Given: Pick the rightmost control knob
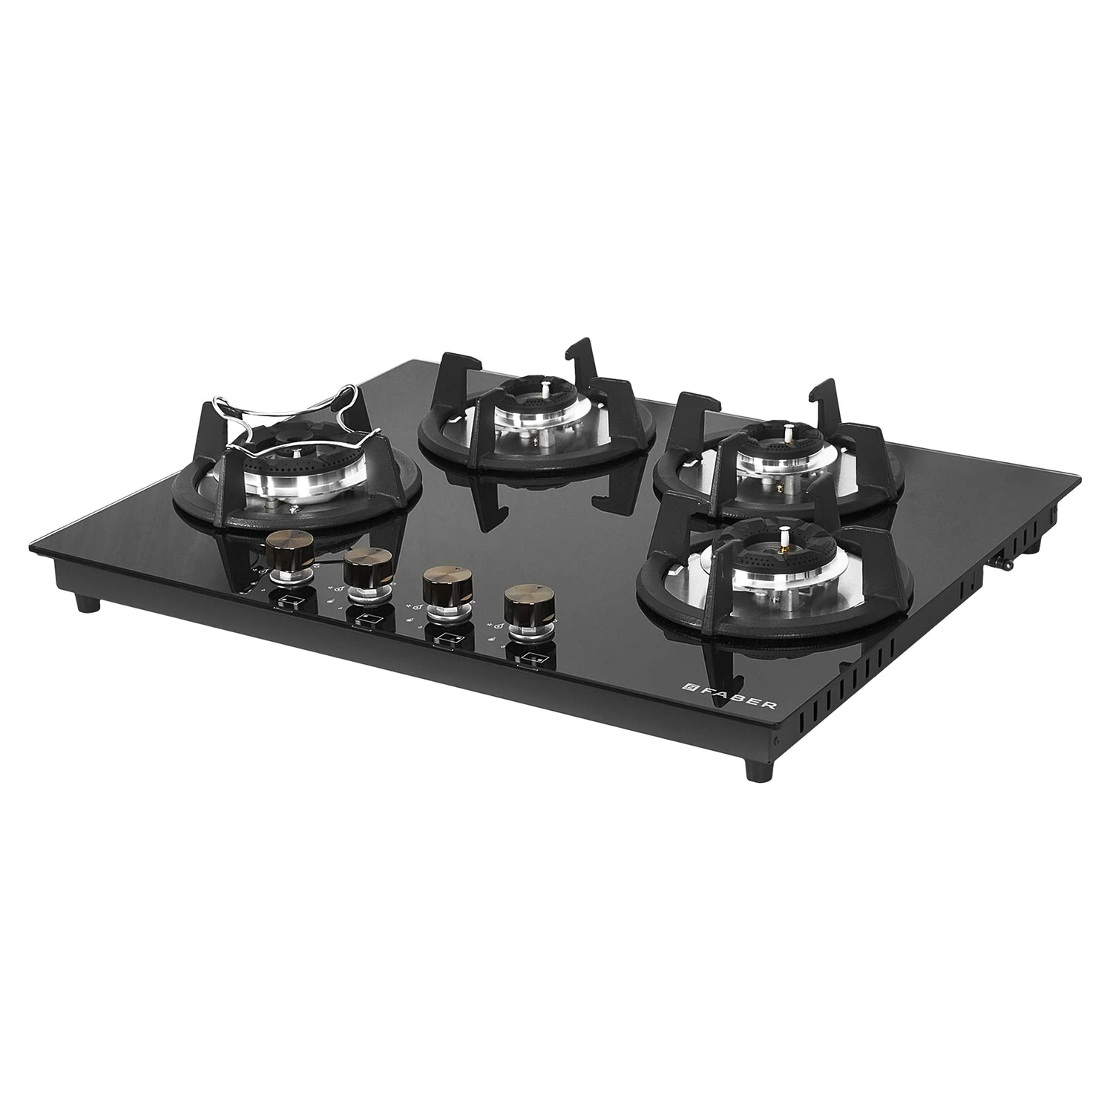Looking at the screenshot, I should pos(526,606).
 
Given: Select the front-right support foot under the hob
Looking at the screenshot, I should pos(758,769).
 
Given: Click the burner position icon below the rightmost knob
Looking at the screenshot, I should pos(530,657).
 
